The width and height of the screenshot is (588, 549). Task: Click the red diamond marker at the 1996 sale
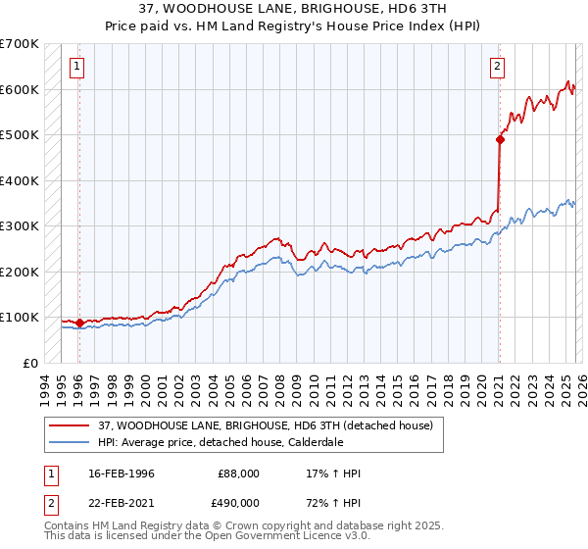click(x=79, y=323)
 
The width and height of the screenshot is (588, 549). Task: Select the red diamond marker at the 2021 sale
click(x=499, y=139)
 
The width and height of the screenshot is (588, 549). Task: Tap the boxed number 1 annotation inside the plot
click(x=76, y=67)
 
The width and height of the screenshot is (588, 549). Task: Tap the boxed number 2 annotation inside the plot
click(x=497, y=67)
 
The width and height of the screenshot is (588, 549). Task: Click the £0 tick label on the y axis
click(x=29, y=363)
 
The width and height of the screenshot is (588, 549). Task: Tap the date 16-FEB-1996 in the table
click(x=128, y=474)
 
